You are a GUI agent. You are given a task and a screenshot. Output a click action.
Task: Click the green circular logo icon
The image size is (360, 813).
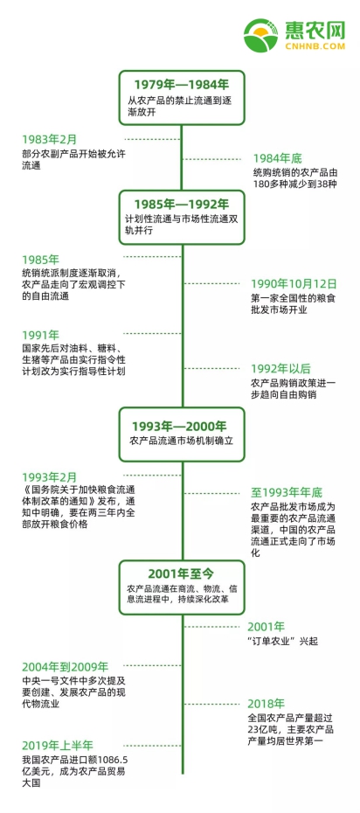pos(261,36)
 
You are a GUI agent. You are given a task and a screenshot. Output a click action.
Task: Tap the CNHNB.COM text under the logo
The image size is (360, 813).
pos(315,46)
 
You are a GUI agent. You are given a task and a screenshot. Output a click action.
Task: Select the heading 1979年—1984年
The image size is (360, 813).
pos(181,85)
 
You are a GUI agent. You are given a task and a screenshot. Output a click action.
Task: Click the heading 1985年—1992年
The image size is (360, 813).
pos(181,205)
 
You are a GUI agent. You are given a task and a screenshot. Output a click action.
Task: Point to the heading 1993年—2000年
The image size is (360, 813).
pos(179,427)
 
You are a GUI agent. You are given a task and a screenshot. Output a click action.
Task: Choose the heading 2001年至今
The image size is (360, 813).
pos(181,573)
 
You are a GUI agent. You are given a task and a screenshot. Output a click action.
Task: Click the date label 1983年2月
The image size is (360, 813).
pos(49,139)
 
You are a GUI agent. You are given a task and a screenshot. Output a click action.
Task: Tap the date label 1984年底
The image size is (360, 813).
pos(278,158)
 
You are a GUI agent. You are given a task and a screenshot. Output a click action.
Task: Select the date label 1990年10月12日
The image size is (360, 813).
pos(294,283)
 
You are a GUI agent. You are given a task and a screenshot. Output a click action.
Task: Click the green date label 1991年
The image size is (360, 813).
pos(40,335)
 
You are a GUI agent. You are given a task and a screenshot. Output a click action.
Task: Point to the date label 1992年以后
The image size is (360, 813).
pos(280,369)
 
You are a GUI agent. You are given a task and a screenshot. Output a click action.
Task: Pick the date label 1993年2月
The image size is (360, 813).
pos(49,476)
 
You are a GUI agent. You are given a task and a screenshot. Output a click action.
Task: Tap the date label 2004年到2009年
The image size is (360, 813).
pos(66,666)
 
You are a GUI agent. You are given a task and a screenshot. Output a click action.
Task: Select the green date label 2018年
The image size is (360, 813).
pos(267,704)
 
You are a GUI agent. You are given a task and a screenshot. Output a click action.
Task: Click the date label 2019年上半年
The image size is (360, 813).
pos(58,746)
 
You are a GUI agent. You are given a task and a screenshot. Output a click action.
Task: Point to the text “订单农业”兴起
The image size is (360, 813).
pos(283,642)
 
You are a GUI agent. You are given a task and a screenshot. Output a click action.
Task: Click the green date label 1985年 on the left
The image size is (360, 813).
pos(40,260)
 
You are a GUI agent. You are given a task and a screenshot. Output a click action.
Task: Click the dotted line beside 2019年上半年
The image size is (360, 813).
pos(153,745)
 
